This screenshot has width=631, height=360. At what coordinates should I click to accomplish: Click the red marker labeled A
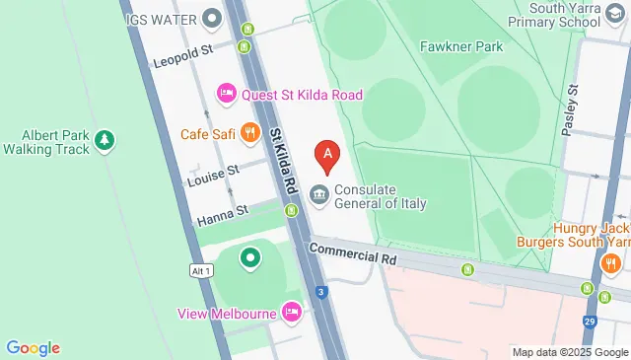coord(327,156)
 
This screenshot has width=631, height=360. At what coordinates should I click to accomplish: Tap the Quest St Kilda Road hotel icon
coord(226,95)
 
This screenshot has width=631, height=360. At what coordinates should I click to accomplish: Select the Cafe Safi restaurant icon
coord(251,133)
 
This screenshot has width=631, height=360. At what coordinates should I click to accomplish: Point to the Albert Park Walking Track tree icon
coord(105,143)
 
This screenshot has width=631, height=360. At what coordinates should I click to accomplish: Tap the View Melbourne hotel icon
coord(291,313)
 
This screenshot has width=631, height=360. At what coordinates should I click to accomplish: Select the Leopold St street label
coord(184,60)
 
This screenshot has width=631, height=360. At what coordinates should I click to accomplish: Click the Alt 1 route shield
coord(202,270)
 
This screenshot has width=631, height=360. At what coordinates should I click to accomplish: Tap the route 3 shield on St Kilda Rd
coord(321,292)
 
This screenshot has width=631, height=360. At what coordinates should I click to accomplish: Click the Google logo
coord(34,347)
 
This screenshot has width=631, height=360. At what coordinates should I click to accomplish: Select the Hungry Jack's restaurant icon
coord(609,264)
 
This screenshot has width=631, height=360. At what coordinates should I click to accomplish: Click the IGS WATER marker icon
coord(211,18)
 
